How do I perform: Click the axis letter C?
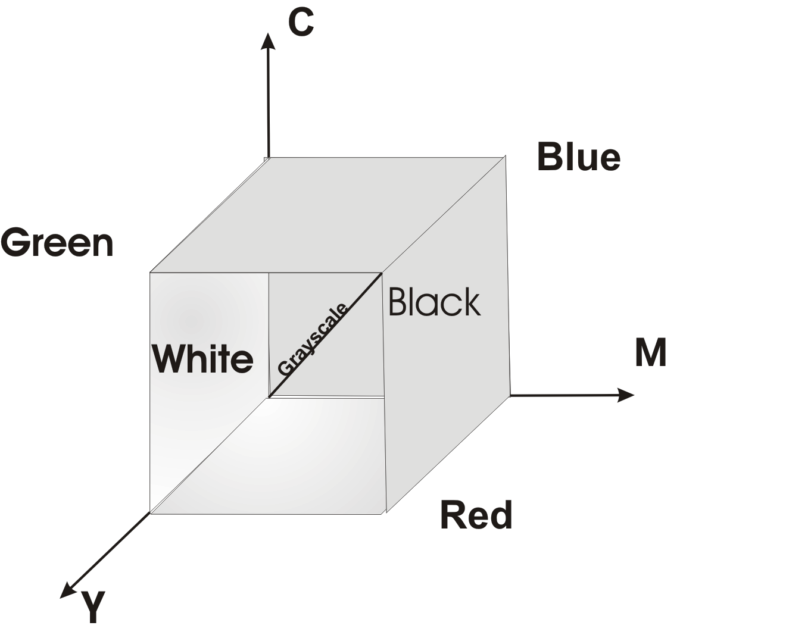(x=301, y=23)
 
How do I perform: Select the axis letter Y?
(x=93, y=607)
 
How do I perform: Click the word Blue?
(x=578, y=157)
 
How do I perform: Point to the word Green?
(x=57, y=243)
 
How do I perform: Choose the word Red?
(x=476, y=515)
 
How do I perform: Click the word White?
(x=202, y=358)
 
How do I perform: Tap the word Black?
(x=434, y=302)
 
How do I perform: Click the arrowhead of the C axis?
(x=269, y=40)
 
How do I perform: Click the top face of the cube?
(x=327, y=214)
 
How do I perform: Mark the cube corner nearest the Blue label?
(x=506, y=157)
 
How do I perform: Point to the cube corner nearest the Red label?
(x=386, y=512)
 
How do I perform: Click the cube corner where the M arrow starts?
(x=510, y=395)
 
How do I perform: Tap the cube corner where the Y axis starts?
(x=150, y=512)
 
